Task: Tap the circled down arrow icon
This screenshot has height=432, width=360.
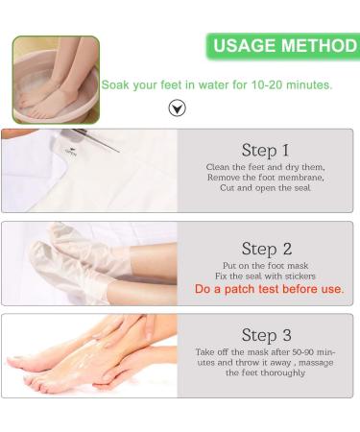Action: click(177, 108)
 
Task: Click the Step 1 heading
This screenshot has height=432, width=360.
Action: click(265, 150)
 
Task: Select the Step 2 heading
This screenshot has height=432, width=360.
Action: click(266, 249)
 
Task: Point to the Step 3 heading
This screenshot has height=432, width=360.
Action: click(266, 335)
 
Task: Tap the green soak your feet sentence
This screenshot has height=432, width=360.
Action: click(217, 84)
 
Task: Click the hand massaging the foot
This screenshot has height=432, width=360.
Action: click(106, 341)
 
